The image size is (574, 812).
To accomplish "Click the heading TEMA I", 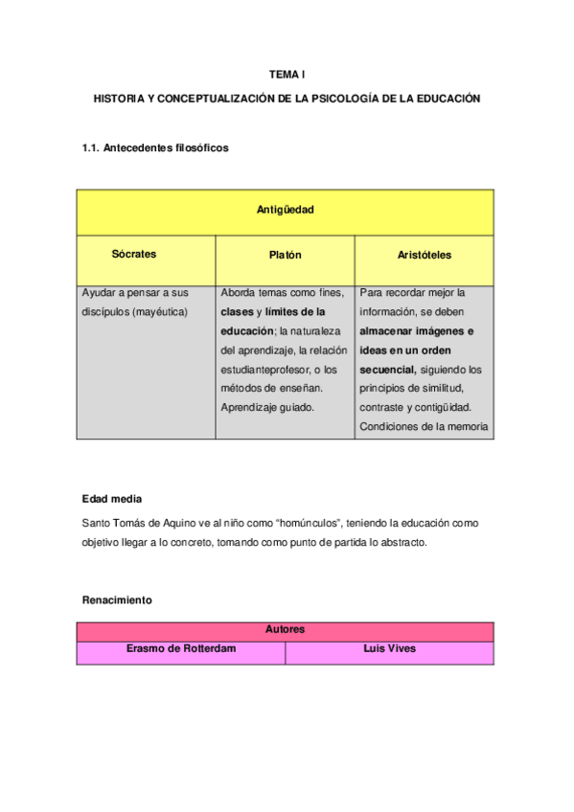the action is [x=286, y=74].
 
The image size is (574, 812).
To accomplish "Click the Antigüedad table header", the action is [x=286, y=209].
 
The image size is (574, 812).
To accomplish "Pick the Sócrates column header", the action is [x=134, y=255].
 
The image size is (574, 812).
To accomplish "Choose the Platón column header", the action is [x=285, y=256].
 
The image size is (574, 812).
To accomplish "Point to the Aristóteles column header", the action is [x=424, y=256].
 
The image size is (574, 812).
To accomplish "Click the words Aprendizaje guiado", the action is [x=266, y=407].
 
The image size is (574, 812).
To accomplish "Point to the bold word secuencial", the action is [x=387, y=369].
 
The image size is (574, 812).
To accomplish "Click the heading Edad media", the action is [x=113, y=499].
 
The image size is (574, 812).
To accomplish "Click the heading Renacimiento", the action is [x=118, y=600].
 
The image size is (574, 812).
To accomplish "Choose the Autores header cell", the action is [x=286, y=630].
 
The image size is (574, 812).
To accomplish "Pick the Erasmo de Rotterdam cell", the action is [x=181, y=648].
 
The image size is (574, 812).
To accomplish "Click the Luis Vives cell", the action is [x=389, y=648].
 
